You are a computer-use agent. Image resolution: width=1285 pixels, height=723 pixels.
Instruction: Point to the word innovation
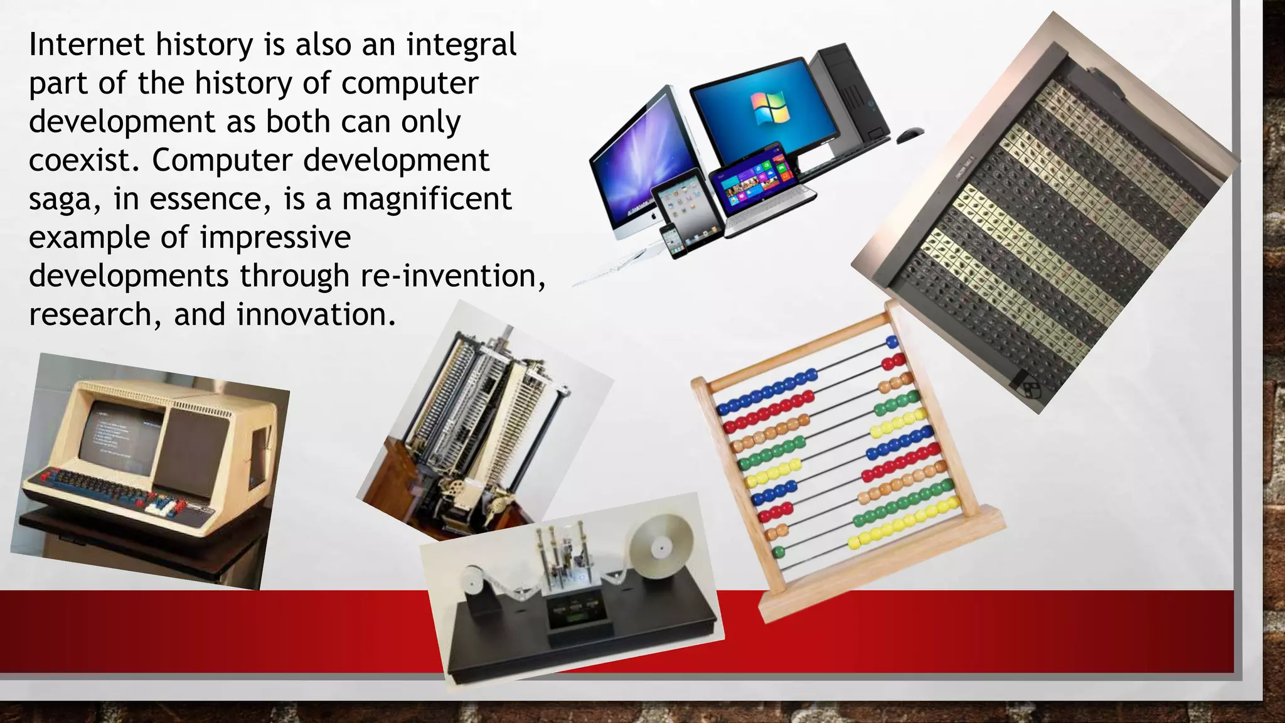coord(316,315)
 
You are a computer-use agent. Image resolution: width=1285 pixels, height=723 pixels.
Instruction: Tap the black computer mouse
coord(909,133)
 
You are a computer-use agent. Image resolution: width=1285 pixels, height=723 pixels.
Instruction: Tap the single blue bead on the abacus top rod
coord(892,343)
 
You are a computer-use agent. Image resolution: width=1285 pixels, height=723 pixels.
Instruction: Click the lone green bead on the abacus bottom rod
coord(779,552)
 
